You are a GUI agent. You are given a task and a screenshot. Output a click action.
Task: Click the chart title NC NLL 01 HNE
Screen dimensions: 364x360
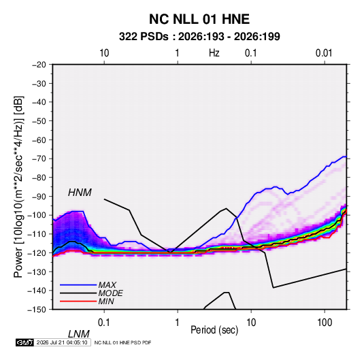pos(199,19)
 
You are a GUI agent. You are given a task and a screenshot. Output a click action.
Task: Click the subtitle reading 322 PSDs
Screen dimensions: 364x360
pos(144,37)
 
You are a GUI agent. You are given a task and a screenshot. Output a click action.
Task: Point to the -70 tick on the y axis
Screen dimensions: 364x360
pos(39,159)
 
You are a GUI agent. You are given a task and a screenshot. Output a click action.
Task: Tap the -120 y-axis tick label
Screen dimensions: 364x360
pos(37,253)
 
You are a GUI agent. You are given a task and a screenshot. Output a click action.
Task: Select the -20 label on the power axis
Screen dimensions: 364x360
pos(39,65)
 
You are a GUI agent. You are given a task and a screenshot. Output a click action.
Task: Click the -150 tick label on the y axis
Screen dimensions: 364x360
pos(37,310)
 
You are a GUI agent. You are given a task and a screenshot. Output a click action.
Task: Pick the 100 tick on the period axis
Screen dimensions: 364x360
pos(325,323)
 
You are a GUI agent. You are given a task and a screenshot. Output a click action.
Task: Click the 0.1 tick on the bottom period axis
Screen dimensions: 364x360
pos(103,323)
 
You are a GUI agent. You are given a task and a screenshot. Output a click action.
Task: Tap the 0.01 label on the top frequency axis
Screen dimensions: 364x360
pos(324,53)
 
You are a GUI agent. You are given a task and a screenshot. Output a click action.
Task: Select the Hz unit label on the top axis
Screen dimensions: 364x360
pos(214,53)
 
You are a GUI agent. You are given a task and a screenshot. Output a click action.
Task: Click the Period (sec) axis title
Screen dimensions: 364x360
pos(214,330)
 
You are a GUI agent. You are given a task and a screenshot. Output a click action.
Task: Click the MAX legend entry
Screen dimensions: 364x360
pos(107,285)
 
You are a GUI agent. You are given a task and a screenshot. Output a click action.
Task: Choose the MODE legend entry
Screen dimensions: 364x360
pos(110,293)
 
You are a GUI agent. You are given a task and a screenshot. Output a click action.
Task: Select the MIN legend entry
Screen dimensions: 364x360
pos(106,301)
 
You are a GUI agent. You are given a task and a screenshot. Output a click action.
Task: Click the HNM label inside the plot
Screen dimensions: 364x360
pos(80,193)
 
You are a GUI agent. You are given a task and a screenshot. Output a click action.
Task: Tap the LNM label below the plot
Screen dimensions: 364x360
pos(78,334)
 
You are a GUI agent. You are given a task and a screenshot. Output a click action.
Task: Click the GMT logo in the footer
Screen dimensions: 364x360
pos(25,342)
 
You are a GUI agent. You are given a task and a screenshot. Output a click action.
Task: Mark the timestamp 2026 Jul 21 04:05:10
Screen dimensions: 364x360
pos(62,342)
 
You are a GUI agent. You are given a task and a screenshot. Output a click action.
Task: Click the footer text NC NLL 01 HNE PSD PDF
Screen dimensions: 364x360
pos(122,342)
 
